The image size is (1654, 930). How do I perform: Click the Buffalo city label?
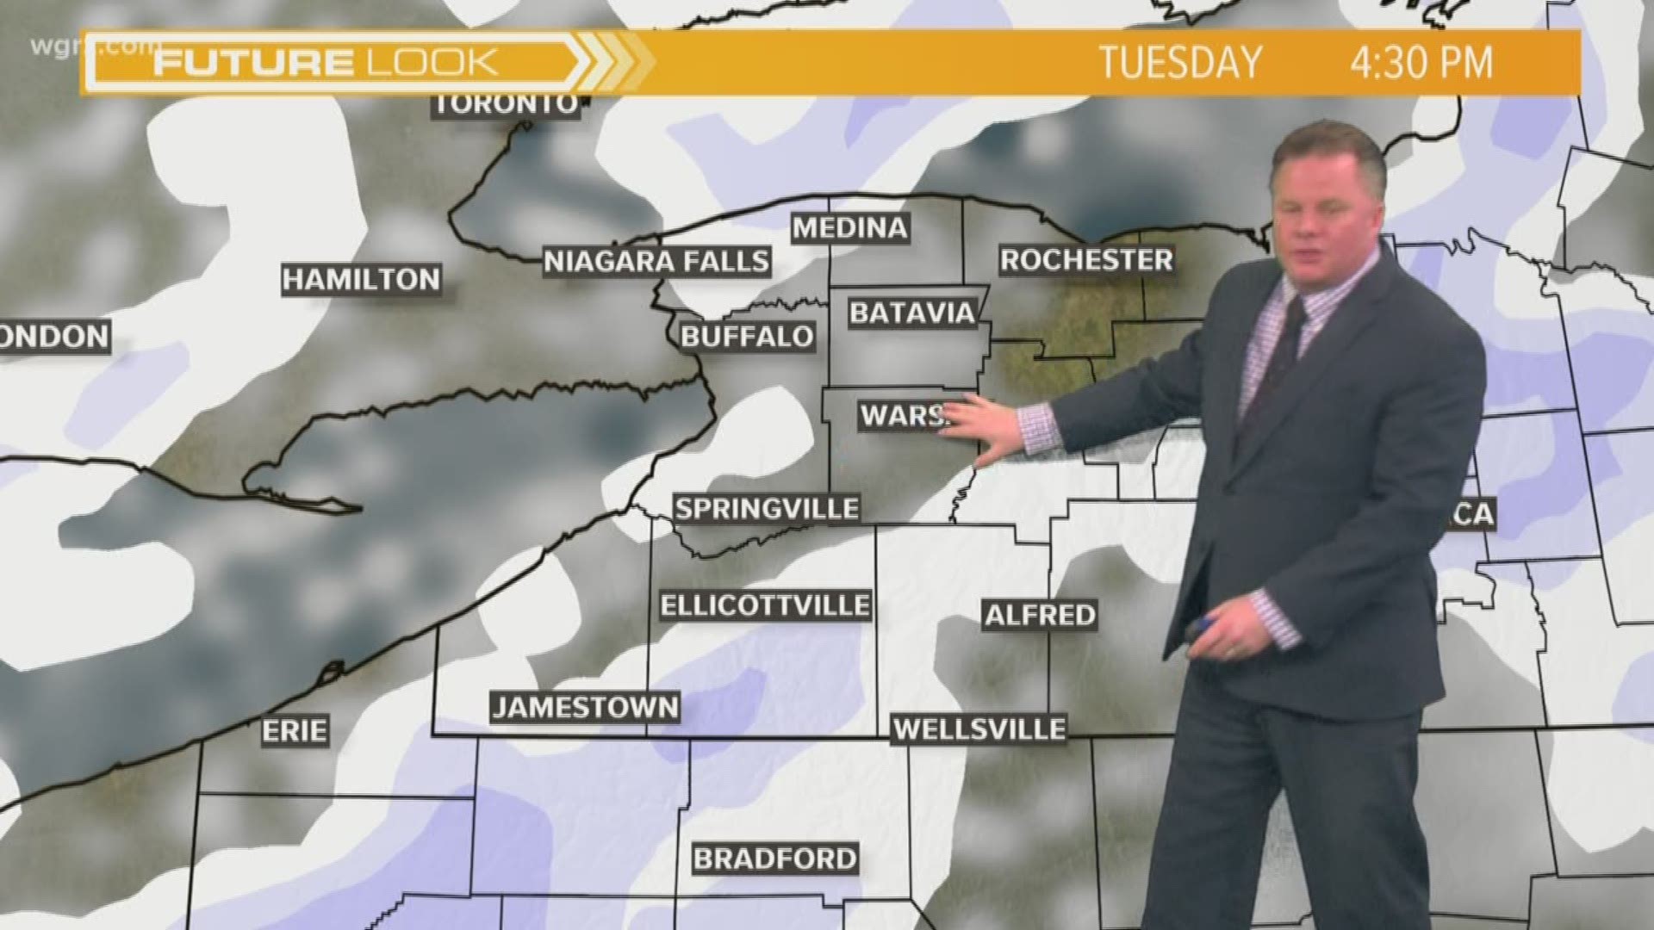(x=747, y=336)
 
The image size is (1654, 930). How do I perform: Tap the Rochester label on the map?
(x=1086, y=259)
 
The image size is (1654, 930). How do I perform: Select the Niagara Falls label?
(x=656, y=261)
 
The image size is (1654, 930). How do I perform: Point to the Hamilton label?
(x=362, y=279)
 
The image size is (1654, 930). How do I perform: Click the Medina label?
(x=850, y=228)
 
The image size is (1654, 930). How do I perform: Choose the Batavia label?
(x=911, y=313)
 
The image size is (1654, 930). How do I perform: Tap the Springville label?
(x=767, y=508)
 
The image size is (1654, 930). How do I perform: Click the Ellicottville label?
(x=765, y=605)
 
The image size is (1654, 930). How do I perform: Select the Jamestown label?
(x=585, y=708)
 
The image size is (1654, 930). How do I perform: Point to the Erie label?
(x=295, y=731)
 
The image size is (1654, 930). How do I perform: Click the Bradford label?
(x=775, y=859)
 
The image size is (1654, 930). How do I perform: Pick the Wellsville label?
(x=979, y=729)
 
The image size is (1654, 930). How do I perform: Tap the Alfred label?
(x=1040, y=615)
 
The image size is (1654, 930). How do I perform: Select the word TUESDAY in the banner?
(x=1180, y=63)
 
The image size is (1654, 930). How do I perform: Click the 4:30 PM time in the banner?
(x=1421, y=63)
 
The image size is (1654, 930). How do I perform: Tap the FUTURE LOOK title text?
(x=326, y=63)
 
